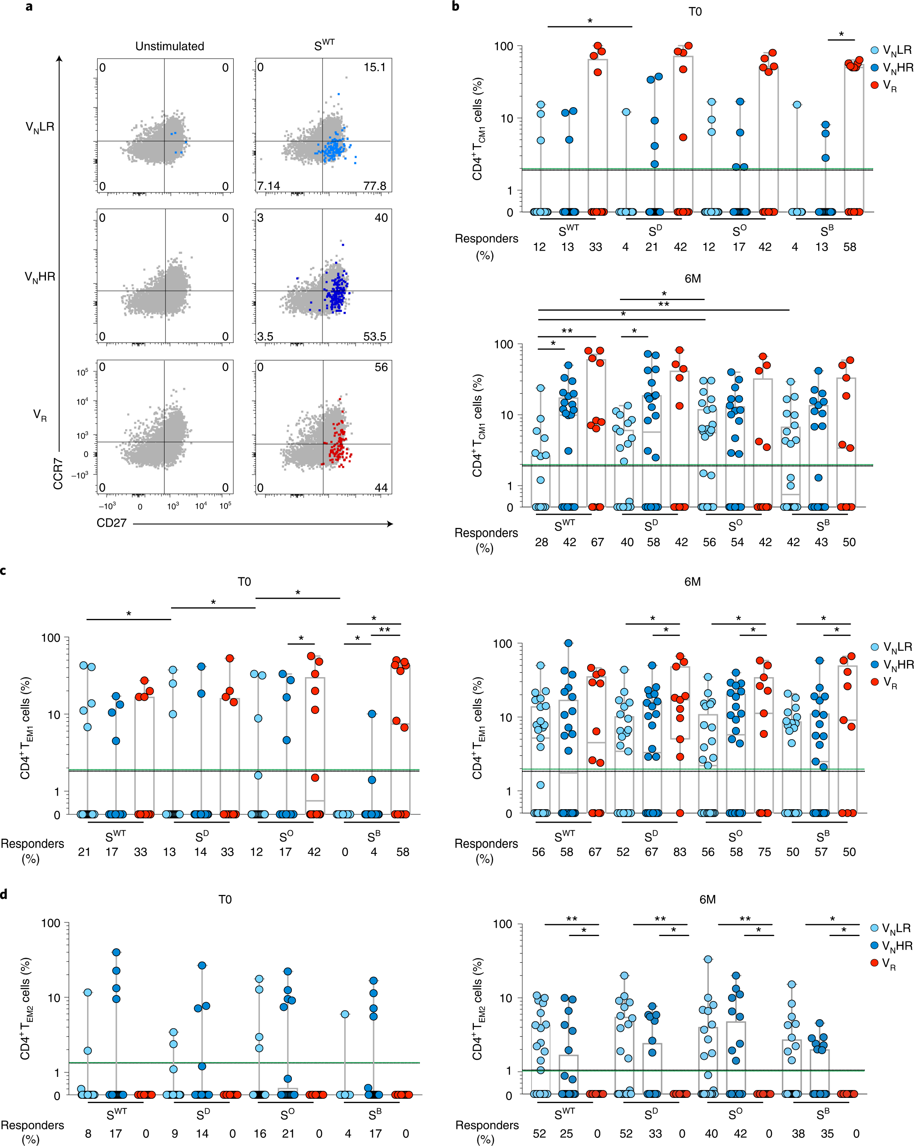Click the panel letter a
tap(29, 7)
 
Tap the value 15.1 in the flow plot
tap(375, 67)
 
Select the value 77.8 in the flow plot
tap(375, 185)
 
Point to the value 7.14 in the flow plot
tap(269, 185)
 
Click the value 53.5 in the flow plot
tap(375, 336)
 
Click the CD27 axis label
tap(112, 523)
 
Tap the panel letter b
tap(455, 7)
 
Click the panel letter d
tap(4, 894)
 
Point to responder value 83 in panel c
tap(679, 852)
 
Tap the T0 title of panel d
tap(225, 899)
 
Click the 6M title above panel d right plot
tap(707, 899)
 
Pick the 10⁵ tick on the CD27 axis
tap(225, 506)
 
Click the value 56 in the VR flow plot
tap(381, 367)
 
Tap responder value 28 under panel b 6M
tap(541, 542)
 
